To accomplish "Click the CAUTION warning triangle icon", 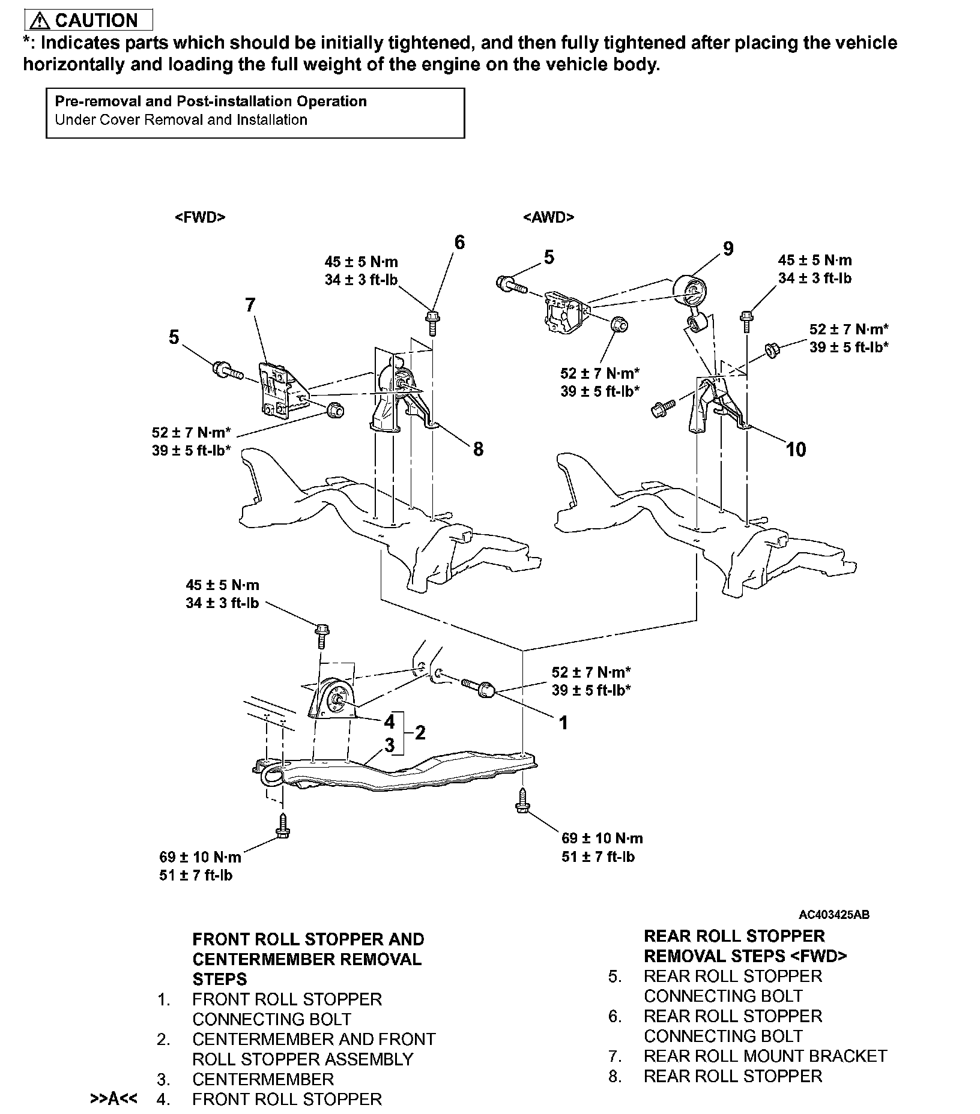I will click(40, 21).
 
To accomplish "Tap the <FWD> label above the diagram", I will click(200, 217).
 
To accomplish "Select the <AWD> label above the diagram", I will click(548, 217).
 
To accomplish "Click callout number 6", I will click(459, 242).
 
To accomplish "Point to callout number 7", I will click(250, 305).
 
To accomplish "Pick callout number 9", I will click(728, 248).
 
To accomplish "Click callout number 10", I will click(796, 449).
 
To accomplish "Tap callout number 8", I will click(478, 449).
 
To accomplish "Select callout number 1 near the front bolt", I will click(563, 723).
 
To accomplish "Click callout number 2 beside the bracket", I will click(420, 732).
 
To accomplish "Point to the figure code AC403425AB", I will click(833, 915).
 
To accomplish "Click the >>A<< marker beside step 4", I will click(113, 1099).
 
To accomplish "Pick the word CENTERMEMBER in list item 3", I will click(263, 1079).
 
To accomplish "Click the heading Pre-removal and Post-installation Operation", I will click(211, 101).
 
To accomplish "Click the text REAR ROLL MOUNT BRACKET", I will click(765, 1056).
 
